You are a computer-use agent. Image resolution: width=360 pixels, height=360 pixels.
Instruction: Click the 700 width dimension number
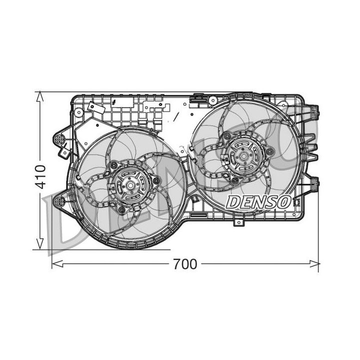coord(185,264)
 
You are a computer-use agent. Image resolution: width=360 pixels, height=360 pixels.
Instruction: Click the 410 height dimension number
coord(41,177)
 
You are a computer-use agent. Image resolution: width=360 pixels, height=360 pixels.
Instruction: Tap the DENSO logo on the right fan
coord(259,202)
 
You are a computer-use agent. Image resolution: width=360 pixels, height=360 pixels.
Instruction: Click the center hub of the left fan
coord(130,185)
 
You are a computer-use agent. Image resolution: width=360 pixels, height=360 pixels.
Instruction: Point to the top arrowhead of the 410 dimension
coord(40,96)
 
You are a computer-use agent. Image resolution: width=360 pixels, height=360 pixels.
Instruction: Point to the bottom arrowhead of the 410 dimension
coord(40,244)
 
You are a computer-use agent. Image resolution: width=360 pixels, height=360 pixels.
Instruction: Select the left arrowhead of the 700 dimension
coord(57,264)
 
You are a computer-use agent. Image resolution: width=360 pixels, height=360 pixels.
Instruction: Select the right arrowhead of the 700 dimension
coord(313,264)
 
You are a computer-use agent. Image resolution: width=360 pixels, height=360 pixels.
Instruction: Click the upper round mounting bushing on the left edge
coord(59,139)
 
